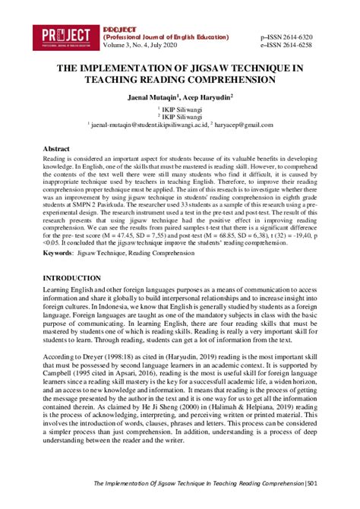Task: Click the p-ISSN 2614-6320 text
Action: click(x=289, y=36)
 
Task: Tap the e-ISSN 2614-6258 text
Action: click(x=289, y=45)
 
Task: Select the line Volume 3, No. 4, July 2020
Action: click(x=141, y=45)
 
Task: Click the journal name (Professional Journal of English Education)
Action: click(x=165, y=36)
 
